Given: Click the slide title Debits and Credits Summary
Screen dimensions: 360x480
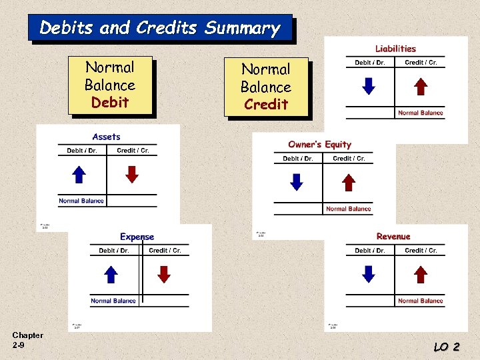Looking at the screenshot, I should coord(160,28).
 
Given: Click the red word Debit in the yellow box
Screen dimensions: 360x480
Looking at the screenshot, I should coord(110,103).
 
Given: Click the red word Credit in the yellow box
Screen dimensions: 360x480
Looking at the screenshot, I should coord(266,105).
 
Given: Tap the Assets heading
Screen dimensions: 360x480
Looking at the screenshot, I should coord(107,137).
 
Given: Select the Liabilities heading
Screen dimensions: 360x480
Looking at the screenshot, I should coord(395,49).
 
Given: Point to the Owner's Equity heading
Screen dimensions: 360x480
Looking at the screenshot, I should coord(319,145).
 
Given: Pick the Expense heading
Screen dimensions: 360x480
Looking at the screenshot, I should coord(137,237).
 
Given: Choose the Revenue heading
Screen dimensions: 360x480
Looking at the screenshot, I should coord(393,237).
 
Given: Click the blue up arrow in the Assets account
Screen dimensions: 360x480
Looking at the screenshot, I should coord(79,174).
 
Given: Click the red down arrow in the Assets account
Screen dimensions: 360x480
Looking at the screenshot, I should coord(132,174).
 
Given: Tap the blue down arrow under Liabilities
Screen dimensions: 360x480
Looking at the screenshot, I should coord(368,87).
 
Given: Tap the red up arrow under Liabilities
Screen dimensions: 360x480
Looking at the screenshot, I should coord(420,87).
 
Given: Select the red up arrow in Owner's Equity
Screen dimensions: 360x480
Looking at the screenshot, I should coord(348,182).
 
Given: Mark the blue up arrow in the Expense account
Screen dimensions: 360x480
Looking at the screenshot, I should coord(111,274).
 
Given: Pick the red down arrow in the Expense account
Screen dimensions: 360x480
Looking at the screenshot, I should coord(164,274).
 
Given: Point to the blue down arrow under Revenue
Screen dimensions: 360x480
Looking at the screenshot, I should coord(368,274).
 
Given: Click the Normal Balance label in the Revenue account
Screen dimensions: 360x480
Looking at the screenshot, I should coord(420,301).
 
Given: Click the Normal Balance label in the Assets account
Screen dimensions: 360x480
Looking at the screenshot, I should coord(81,201).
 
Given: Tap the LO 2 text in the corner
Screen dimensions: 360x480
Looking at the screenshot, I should coord(447,347).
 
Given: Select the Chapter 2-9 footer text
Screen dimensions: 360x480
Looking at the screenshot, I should coord(27,340).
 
